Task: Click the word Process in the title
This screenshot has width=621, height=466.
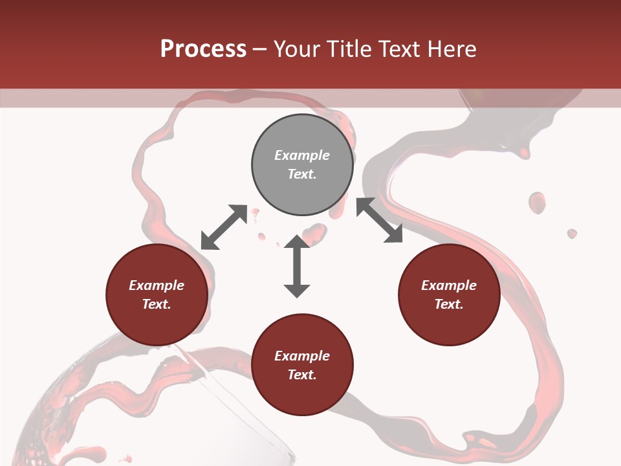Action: click(203, 49)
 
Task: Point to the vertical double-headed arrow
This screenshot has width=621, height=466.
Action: click(297, 266)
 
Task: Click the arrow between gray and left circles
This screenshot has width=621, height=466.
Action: click(224, 227)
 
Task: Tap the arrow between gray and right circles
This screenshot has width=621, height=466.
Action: click(379, 220)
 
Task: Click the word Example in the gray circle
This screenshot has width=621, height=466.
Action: click(302, 155)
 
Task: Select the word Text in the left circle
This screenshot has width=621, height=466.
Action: click(156, 304)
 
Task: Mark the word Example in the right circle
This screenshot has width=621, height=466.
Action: click(449, 285)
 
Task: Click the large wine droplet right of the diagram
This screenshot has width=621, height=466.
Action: click(537, 203)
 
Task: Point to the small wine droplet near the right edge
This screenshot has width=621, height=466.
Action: click(572, 233)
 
